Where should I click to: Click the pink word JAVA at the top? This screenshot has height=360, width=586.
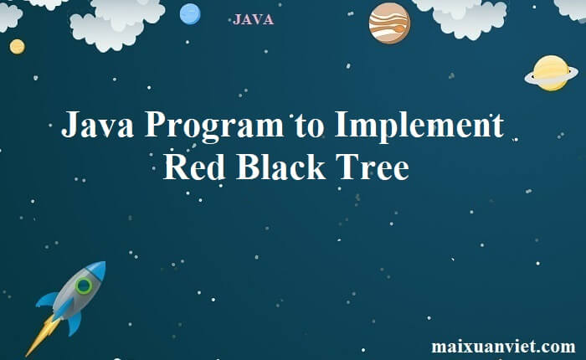point(253,19)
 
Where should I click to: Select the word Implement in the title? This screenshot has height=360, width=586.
point(419,126)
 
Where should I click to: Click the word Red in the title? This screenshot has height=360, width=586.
point(194,167)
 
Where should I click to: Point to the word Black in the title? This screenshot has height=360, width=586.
point(280,167)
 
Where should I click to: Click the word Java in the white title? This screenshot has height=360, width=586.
point(98,125)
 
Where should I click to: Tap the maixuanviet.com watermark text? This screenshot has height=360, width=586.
point(503,346)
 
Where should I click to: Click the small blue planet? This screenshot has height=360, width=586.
point(190,14)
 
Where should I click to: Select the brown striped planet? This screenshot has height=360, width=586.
point(389,23)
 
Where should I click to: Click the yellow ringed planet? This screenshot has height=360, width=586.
point(551,74)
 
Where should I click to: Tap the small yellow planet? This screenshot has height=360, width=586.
point(18,47)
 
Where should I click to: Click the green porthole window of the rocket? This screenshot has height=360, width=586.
point(84,286)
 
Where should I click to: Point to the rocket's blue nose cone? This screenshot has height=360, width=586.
point(97,269)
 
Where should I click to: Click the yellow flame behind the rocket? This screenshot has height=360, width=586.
point(42,336)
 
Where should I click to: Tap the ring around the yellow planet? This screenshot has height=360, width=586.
point(528,80)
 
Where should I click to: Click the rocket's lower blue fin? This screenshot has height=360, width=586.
point(75,323)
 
